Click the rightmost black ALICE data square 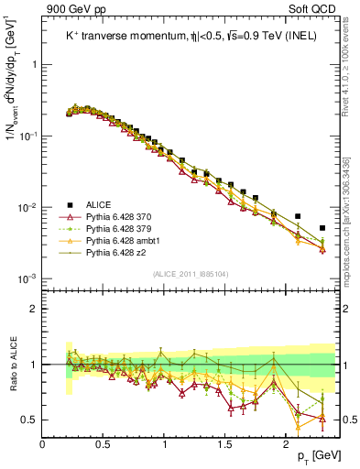tap(322, 228)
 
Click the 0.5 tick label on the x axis tap(104, 443)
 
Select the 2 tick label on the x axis tap(286, 443)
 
